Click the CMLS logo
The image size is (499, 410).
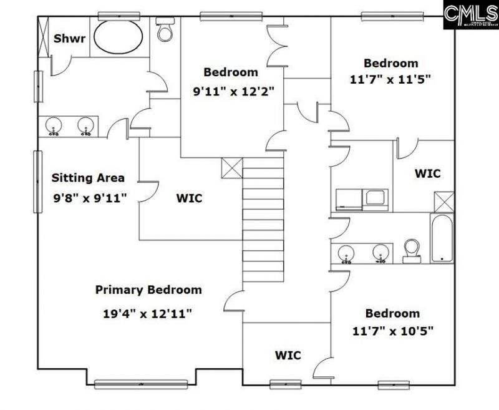coord(471,16)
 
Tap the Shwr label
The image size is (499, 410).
coord(66,39)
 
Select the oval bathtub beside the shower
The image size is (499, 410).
coord(119,37)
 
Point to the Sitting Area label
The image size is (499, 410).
coord(88,178)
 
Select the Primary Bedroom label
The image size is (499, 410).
coord(148,290)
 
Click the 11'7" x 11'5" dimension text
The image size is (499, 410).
coord(390,80)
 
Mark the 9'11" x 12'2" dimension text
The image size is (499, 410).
coord(233,90)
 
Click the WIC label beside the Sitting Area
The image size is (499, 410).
coord(189,198)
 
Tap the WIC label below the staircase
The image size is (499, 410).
coord(288,355)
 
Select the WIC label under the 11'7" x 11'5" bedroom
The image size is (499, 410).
coord(428,173)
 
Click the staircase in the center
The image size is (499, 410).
coord(263,218)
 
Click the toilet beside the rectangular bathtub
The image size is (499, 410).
coord(411,251)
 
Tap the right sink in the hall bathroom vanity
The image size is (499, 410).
coord(381,253)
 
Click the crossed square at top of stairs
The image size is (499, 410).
coord(231,168)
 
